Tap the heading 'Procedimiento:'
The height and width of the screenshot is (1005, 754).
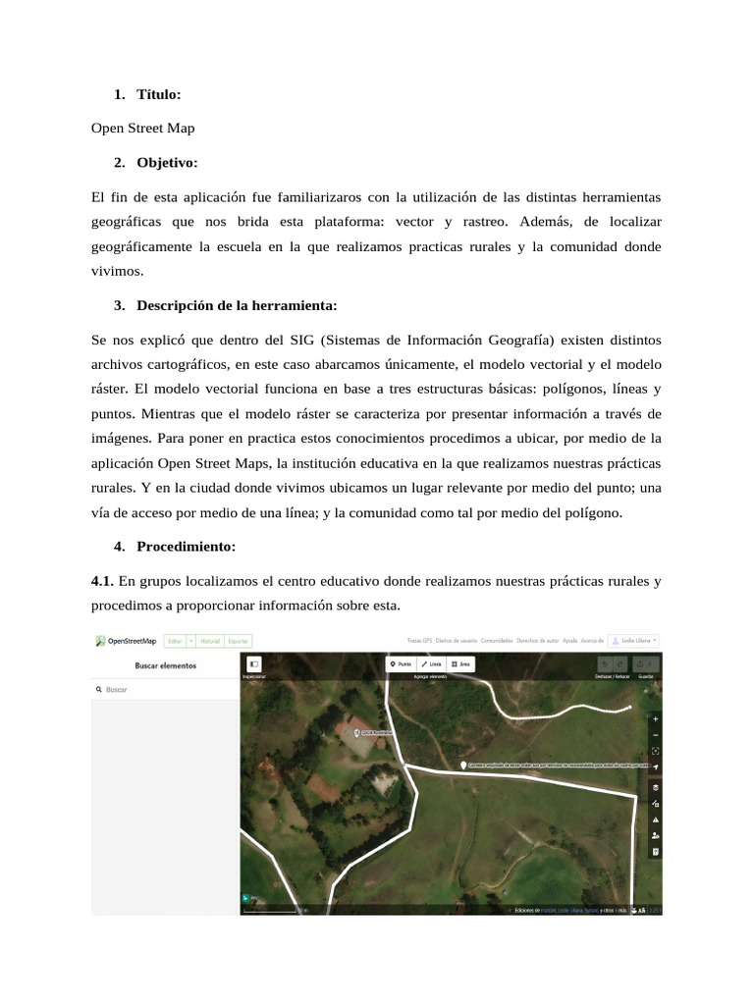point(186,546)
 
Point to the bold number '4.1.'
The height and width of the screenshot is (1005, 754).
point(102,581)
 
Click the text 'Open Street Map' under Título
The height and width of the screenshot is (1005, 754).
point(142,128)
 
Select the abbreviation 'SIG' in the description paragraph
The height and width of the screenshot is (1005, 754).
point(302,340)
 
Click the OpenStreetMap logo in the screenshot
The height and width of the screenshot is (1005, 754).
point(126,641)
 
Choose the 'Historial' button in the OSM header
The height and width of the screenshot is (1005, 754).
point(210,641)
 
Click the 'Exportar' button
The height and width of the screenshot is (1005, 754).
point(238,641)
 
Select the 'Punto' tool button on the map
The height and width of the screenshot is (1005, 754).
point(401,664)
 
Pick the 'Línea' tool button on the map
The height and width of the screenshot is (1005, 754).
point(431,664)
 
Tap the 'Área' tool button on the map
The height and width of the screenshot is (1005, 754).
point(460,664)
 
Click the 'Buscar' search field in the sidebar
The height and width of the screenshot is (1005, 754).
point(165,690)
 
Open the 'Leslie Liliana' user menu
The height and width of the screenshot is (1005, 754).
point(634,641)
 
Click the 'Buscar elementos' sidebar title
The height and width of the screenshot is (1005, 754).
point(165,665)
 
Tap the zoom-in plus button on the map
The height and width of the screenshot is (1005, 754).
point(655,717)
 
